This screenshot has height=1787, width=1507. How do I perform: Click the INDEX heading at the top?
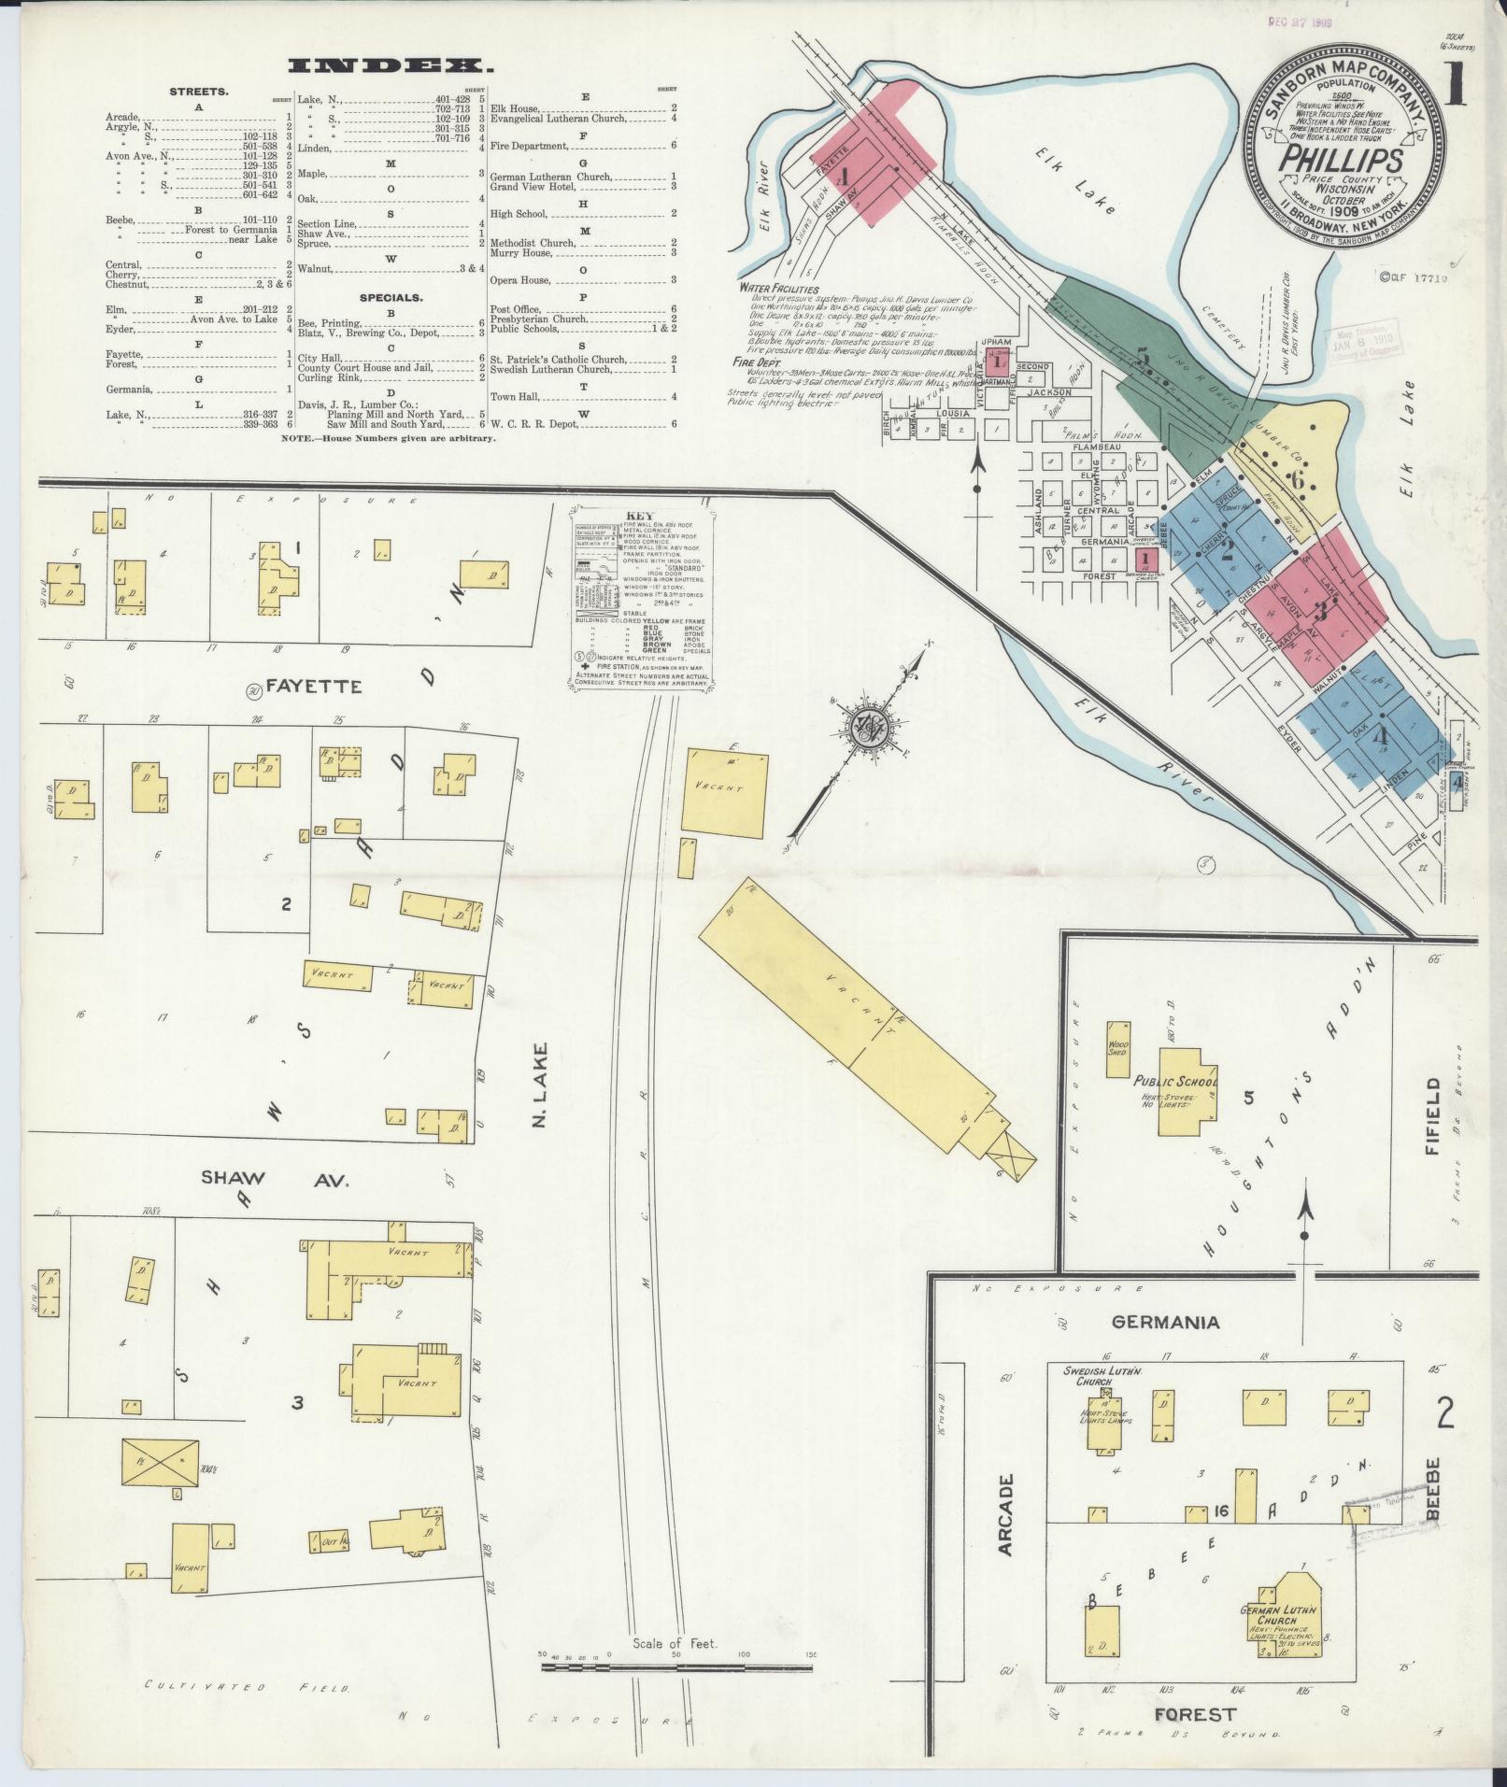coord(391,65)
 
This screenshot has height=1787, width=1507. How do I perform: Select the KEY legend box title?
coord(641,516)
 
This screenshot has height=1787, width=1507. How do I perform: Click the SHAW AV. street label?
coord(274,1180)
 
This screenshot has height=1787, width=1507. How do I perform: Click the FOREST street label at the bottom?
coord(1195,1714)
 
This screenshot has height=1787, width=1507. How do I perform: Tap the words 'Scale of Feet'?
coord(675,1642)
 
